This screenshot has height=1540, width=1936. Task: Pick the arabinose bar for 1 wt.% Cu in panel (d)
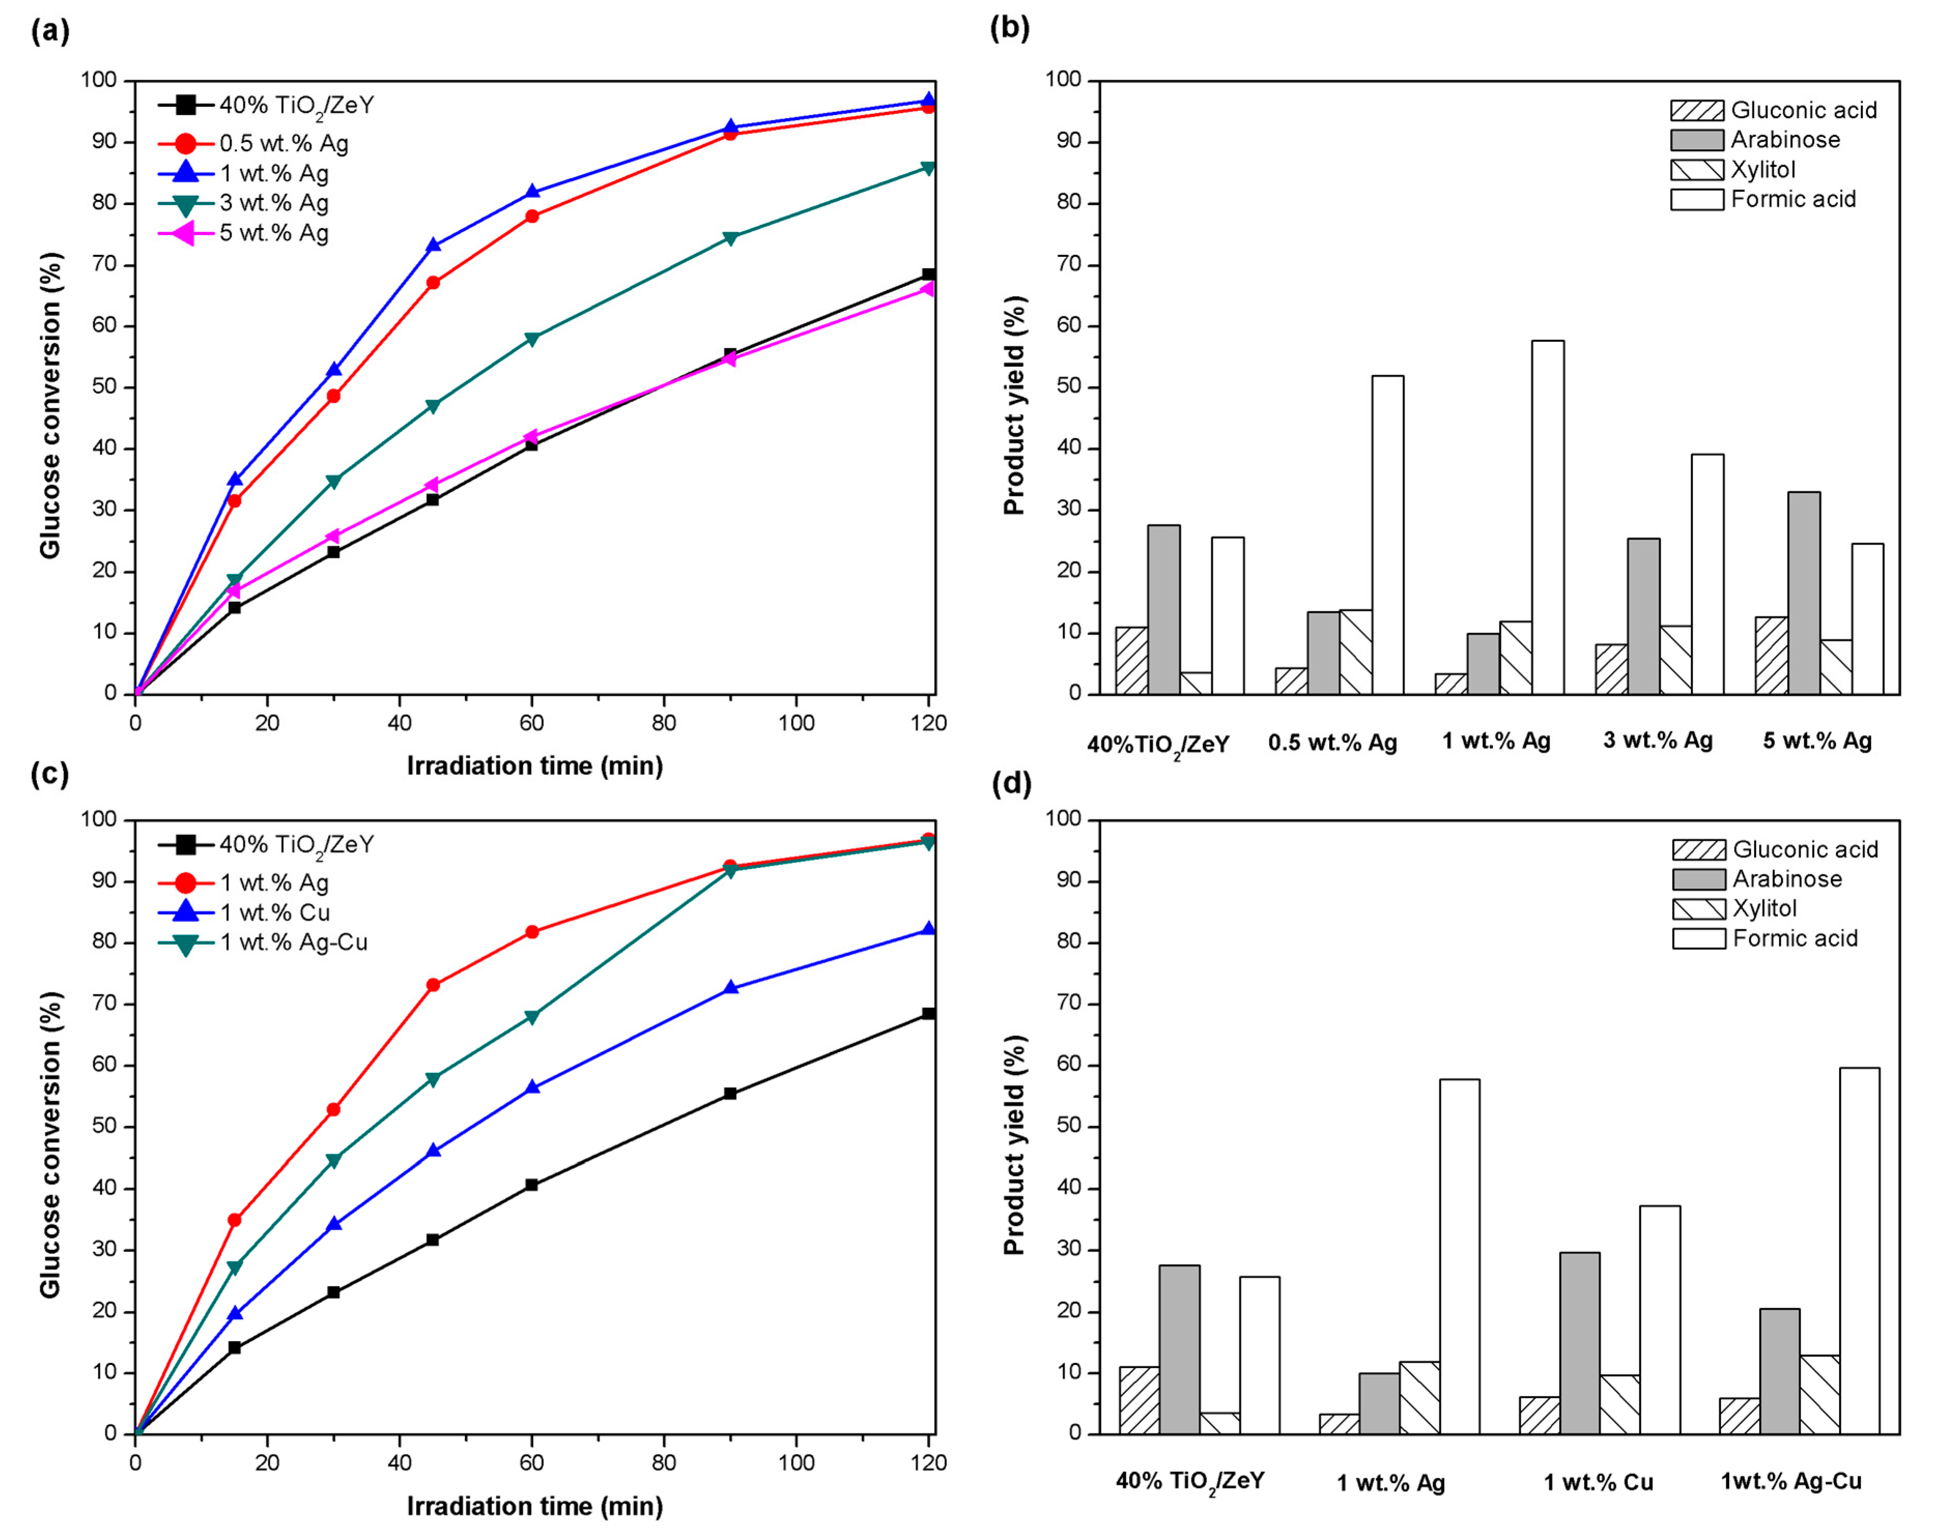1580,1343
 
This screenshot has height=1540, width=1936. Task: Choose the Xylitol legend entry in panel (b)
1762,170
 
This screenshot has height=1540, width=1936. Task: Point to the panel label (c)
49,773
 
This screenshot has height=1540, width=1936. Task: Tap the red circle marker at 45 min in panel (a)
433,283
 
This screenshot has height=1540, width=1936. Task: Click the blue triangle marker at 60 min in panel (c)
532,1087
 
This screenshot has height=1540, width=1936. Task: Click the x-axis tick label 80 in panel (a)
664,723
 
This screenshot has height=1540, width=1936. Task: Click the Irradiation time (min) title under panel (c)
534,1506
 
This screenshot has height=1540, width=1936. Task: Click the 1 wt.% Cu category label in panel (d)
1598,1481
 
